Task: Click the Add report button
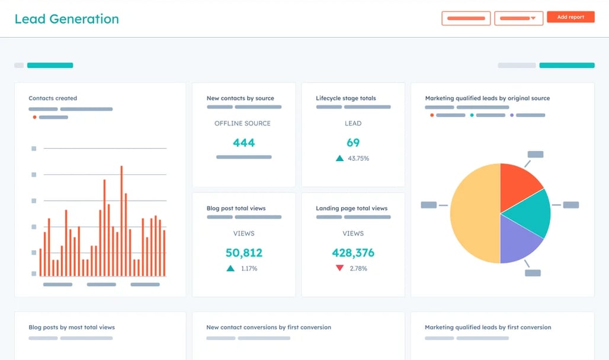[x=570, y=17]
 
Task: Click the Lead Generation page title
[x=66, y=19]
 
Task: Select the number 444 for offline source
[x=243, y=143]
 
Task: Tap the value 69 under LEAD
[x=353, y=143]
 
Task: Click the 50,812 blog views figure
[x=243, y=253]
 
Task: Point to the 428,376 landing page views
[x=353, y=253]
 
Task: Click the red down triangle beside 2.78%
[x=339, y=268]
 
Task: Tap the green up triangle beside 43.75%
[x=339, y=158]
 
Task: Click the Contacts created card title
[x=53, y=98]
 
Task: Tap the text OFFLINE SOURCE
[x=242, y=123]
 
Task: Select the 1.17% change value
[x=249, y=268]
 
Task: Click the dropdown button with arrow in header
[x=518, y=18]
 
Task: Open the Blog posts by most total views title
[x=72, y=327]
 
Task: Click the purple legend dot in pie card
[x=512, y=115]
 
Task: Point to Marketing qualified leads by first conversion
[x=488, y=327]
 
